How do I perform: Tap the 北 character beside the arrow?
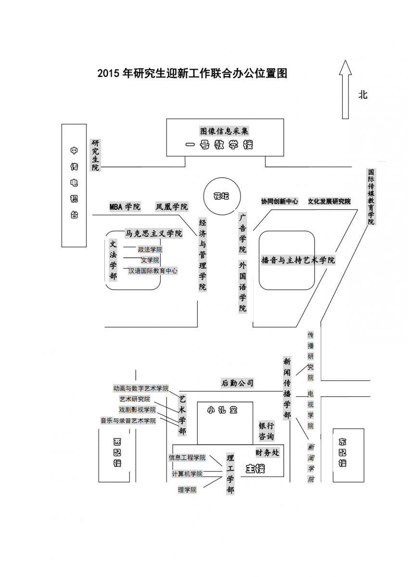(363, 95)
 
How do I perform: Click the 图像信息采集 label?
(224, 131)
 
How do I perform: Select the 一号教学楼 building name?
(219, 145)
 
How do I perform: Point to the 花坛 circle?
(221, 196)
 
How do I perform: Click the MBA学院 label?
(125, 207)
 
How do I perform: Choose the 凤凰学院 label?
(171, 207)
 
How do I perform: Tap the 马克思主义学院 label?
(154, 233)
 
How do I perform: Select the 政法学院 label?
(150, 249)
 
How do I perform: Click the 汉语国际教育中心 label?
(153, 271)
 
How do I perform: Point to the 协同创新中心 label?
(280, 202)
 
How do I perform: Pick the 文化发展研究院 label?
(329, 202)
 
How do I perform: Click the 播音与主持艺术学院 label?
(298, 260)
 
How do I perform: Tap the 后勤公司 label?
(237, 383)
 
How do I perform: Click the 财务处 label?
(267, 452)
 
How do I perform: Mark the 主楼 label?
(255, 468)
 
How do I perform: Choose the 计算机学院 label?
(187, 474)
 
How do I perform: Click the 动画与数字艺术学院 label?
(141, 388)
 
